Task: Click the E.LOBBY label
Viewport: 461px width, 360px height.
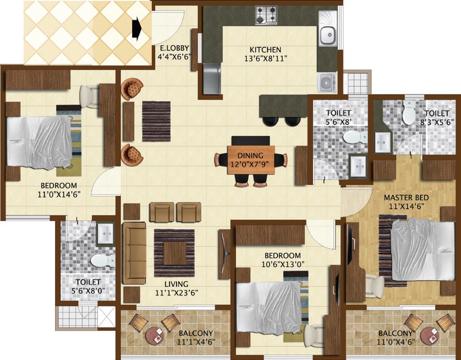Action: click(173, 48)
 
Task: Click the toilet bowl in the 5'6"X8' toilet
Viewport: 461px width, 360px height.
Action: click(353, 137)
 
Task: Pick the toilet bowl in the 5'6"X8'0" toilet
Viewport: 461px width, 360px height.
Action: click(101, 260)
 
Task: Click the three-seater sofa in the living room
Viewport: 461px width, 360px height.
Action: click(134, 252)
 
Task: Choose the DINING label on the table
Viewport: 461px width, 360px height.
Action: click(250, 156)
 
